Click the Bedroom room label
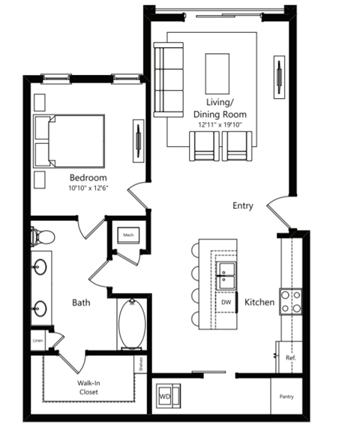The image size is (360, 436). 88,178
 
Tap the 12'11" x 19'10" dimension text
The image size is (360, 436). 220,125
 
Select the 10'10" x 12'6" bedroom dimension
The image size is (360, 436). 88,188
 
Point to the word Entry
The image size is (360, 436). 243,206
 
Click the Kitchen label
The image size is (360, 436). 259,302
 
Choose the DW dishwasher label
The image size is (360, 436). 226,302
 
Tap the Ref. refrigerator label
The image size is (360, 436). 291,358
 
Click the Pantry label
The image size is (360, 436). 286,396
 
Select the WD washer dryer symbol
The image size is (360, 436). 168,396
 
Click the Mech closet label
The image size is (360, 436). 128,235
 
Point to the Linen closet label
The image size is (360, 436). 37,341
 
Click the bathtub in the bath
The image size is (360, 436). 132,324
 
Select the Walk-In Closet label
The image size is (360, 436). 88,387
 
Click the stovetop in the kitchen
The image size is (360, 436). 291,302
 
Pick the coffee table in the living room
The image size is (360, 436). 217,73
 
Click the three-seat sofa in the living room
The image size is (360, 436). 169,80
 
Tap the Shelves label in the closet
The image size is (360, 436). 141,364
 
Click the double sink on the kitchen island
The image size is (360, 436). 226,276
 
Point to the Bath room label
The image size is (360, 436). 81,303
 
